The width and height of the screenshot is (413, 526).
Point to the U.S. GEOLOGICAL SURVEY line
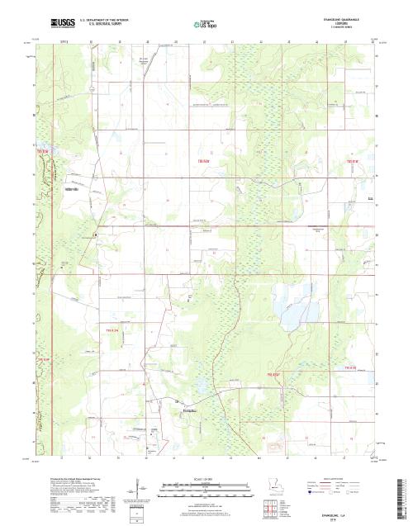pos(99,21)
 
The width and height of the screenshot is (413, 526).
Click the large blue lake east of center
pos(293,313)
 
